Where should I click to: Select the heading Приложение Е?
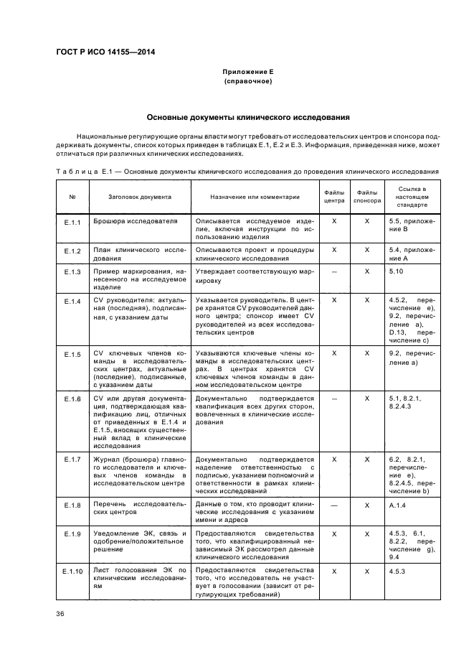[x=237, y=73]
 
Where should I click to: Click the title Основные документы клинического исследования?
[x=237, y=116]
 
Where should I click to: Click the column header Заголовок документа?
[x=140, y=197]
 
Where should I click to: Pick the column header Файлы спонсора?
[x=367, y=197]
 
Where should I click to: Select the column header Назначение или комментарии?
[x=255, y=197]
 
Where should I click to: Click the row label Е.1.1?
[x=72, y=222]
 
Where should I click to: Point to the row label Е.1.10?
[x=72, y=570]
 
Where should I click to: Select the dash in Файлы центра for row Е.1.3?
[x=334, y=271]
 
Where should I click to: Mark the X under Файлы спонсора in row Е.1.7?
[x=367, y=458]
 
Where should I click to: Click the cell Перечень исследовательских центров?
[x=140, y=510]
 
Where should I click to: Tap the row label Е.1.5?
[x=72, y=354]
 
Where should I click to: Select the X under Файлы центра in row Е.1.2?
[x=334, y=250]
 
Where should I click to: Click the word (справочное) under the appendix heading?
[x=237, y=82]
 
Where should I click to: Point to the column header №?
[x=72, y=197]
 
